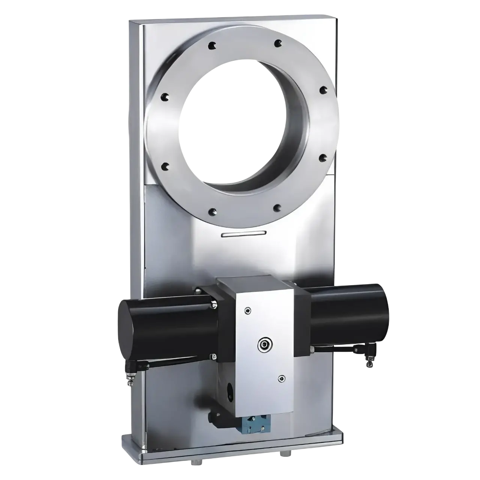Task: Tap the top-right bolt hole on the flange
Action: (277, 44)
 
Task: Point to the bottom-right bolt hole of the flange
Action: (277, 207)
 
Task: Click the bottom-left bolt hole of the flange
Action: (213, 211)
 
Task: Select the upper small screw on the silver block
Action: (247, 310)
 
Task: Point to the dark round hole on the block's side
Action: (228, 392)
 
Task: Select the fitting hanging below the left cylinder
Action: (130, 373)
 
